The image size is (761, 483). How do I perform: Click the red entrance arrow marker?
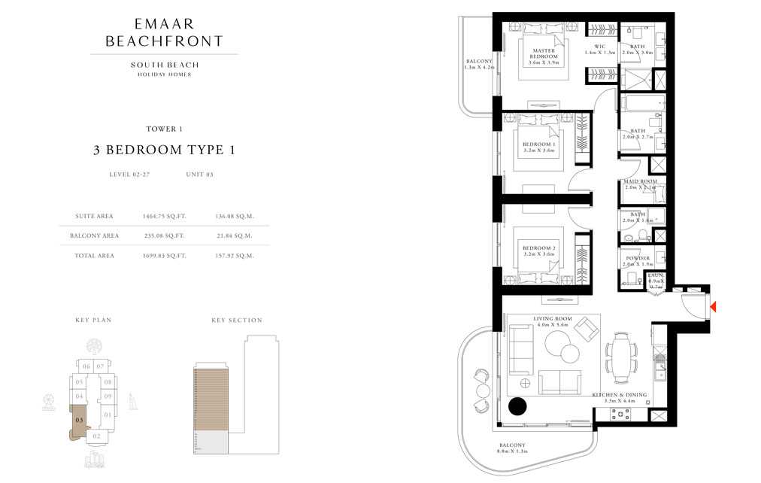pyautogui.click(x=713, y=307)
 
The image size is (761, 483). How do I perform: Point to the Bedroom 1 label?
pyautogui.click(x=538, y=147)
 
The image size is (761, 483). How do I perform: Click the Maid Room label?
pyautogui.click(x=639, y=184)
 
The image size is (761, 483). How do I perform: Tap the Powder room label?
pyautogui.click(x=637, y=261)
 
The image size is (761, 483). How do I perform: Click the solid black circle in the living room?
pyautogui.click(x=517, y=407)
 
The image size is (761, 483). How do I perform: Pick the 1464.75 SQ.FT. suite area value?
pyautogui.click(x=164, y=216)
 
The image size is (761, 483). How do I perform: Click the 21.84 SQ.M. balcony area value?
pyautogui.click(x=234, y=235)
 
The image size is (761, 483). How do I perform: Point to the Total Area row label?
pyautogui.click(x=95, y=256)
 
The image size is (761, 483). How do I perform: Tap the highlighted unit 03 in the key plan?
pyautogui.click(x=79, y=420)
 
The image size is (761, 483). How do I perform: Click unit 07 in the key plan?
pyautogui.click(x=101, y=366)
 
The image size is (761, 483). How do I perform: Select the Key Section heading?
pyautogui.click(x=236, y=320)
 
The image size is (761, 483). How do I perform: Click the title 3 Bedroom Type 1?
pyautogui.click(x=164, y=150)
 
